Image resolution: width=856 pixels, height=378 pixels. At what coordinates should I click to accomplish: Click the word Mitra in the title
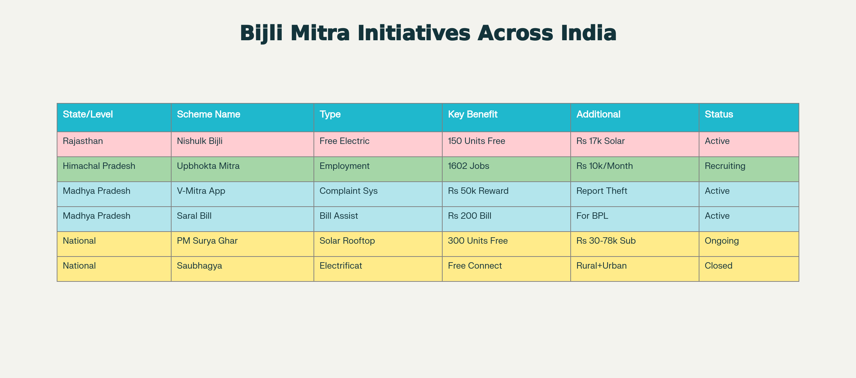click(320, 33)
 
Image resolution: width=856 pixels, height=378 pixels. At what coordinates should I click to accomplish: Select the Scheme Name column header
click(208, 114)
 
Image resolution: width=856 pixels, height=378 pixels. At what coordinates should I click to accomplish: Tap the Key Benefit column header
click(472, 114)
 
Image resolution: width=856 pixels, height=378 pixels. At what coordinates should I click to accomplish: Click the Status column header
click(719, 114)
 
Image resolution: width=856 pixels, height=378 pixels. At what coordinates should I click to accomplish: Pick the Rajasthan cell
click(83, 141)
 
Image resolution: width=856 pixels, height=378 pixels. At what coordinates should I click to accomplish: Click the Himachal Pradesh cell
click(99, 166)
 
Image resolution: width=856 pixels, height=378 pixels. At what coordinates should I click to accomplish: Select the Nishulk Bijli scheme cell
click(199, 141)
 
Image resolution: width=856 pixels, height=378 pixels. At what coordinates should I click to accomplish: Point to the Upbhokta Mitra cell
click(208, 166)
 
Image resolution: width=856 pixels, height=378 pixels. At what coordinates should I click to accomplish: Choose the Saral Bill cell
click(194, 216)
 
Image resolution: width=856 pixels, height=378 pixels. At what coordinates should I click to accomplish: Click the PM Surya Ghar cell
click(207, 241)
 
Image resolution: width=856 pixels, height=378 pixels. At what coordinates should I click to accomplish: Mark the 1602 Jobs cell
click(468, 166)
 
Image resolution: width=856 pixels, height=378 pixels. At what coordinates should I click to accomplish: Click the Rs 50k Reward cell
click(478, 191)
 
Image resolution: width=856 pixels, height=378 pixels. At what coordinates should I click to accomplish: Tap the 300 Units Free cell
click(478, 241)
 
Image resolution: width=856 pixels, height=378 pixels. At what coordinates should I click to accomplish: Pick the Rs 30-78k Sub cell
click(606, 241)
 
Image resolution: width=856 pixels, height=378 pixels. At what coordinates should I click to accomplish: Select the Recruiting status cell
click(725, 166)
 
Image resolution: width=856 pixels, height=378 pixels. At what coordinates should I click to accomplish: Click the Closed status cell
click(718, 266)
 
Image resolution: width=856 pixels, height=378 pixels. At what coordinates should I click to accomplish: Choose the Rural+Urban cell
click(601, 266)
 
